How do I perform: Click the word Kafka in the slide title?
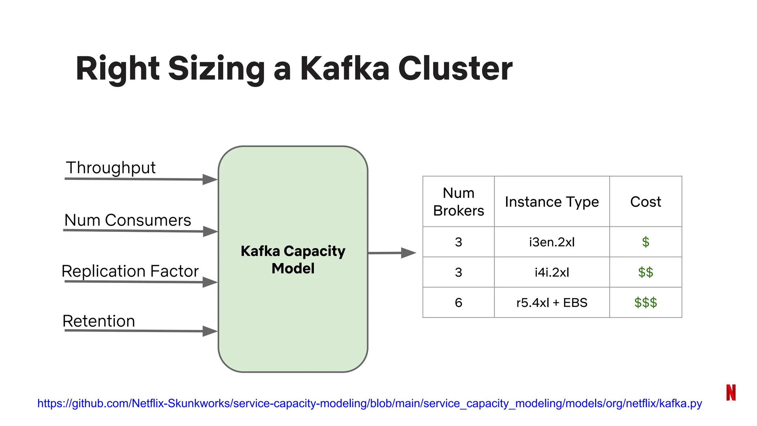(344, 69)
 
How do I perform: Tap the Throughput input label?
(111, 168)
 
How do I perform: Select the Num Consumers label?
(128, 220)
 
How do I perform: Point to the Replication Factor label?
(130, 271)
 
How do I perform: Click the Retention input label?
(99, 321)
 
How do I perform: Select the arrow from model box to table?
(392, 253)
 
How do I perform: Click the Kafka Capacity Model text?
(293, 260)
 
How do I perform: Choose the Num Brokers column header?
(458, 202)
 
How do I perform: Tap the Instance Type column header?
(551, 202)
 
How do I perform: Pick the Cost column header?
(645, 202)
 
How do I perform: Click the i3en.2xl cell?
(551, 242)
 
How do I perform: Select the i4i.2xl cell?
(551, 273)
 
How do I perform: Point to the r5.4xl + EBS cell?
(551, 303)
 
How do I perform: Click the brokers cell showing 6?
(458, 303)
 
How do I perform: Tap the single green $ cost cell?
(645, 242)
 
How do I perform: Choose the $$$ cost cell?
(645, 303)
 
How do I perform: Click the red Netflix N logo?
(731, 392)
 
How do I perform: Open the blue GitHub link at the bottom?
(370, 403)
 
